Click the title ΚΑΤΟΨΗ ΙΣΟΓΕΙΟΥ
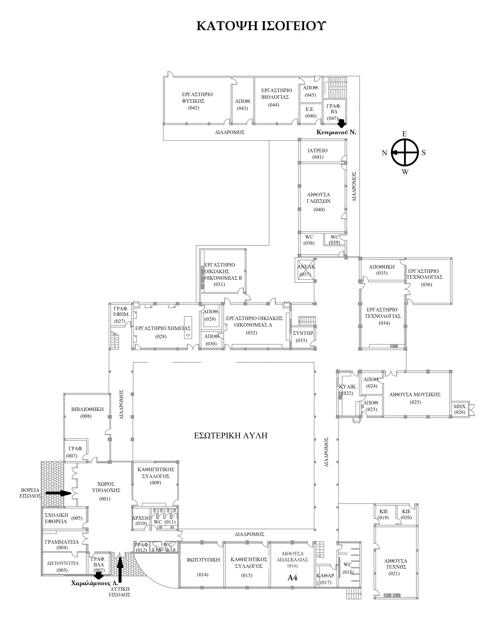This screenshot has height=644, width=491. pyautogui.click(x=261, y=26)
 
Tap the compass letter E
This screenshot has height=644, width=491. pyautogui.click(x=405, y=134)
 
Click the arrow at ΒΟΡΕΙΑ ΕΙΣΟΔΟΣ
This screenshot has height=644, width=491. pyautogui.click(x=58, y=493)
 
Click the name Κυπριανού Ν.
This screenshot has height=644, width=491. pyautogui.click(x=336, y=132)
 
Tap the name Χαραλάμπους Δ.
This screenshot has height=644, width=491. pyautogui.click(x=94, y=583)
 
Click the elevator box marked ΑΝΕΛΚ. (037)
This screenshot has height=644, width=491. pyautogui.click(x=305, y=271)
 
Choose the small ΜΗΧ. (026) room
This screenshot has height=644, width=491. pyautogui.click(x=460, y=409)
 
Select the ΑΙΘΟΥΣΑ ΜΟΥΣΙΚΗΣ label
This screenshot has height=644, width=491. pyautogui.click(x=415, y=394)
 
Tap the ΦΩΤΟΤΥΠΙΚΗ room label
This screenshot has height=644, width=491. pyautogui.click(x=203, y=560)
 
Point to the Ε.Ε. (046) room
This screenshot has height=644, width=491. pyautogui.click(x=310, y=112)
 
